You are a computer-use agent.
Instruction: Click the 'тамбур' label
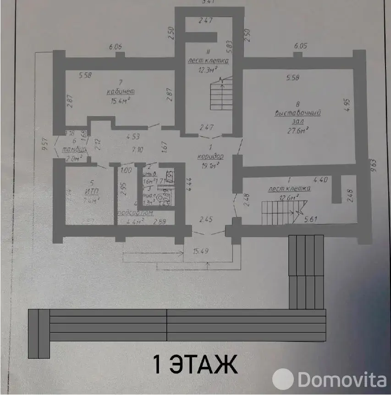click(72, 150)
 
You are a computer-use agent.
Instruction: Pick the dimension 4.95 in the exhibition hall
click(347, 105)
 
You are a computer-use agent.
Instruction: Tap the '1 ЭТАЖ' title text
click(194, 365)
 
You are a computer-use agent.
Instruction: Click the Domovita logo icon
click(283, 379)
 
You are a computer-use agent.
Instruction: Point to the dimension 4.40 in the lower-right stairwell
click(320, 180)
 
